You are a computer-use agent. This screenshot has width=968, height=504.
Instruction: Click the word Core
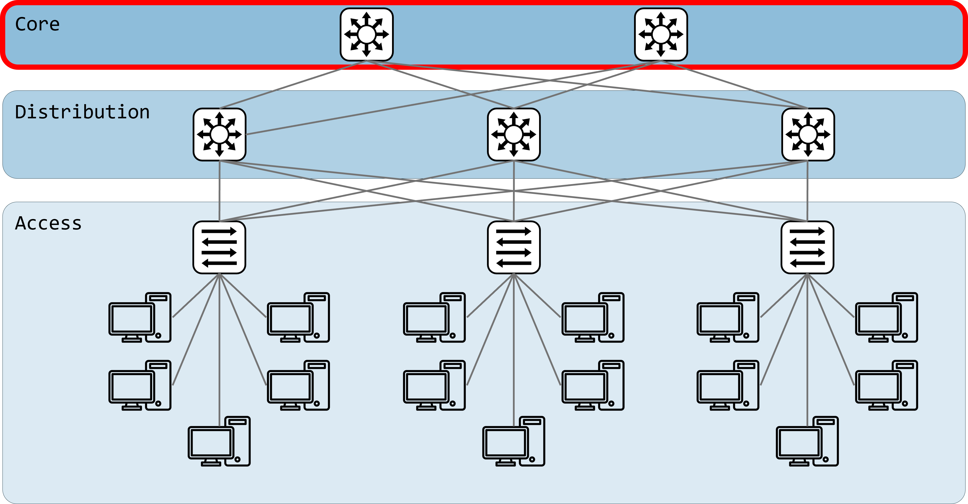[x=37, y=24]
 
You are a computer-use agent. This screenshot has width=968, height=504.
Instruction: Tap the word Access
[x=48, y=223]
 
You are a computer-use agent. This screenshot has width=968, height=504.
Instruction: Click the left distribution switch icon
[x=220, y=135]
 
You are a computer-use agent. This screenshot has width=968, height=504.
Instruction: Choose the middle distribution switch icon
[x=514, y=135]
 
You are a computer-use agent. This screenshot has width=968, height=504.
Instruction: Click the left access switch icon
[x=220, y=247]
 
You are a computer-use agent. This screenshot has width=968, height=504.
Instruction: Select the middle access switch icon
[x=514, y=247]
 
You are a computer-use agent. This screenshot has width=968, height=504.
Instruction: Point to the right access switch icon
[x=807, y=247]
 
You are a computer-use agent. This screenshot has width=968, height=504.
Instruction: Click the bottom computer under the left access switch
[x=219, y=441]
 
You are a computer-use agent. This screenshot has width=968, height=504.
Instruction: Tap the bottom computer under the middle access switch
[x=514, y=441]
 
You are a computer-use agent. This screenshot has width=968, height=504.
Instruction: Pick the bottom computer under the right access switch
[x=807, y=441]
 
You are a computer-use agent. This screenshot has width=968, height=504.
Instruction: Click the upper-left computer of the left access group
[x=140, y=318]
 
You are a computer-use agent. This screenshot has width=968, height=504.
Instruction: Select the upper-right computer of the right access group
[x=887, y=318]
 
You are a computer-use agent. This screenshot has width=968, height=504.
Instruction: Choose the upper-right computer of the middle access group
[x=593, y=318]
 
